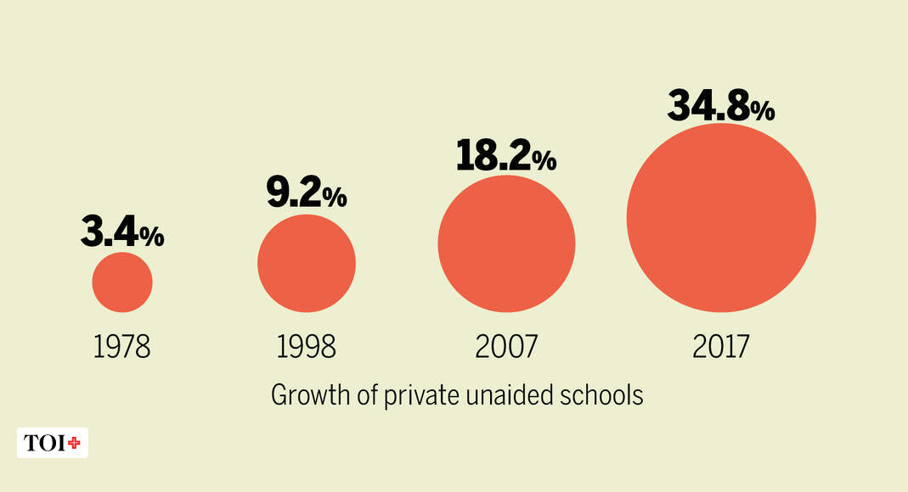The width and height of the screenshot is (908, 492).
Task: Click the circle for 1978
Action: pyautogui.click(x=122, y=282)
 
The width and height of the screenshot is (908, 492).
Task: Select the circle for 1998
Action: pyautogui.click(x=307, y=263)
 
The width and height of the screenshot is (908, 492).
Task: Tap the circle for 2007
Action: pyautogui.click(x=506, y=243)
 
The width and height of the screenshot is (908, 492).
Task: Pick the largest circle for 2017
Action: pyautogui.click(x=721, y=217)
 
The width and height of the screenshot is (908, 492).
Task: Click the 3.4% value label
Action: pyautogui.click(x=122, y=232)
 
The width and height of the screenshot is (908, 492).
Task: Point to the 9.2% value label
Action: pyautogui.click(x=306, y=193)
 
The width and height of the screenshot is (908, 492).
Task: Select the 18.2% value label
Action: pyautogui.click(x=505, y=155)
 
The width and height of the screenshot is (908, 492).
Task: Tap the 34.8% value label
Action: pyautogui.click(x=720, y=105)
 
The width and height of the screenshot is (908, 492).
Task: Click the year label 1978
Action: pyautogui.click(x=122, y=346)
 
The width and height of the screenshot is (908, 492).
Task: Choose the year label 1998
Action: pyautogui.click(x=307, y=346)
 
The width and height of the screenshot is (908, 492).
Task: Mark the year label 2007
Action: pyautogui.click(x=506, y=346)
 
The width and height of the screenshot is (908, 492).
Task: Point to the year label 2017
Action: pyautogui.click(x=721, y=346)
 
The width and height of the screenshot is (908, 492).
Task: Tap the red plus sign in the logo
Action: pyautogui.click(x=75, y=443)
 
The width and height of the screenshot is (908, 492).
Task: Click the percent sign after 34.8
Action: pyautogui.click(x=762, y=111)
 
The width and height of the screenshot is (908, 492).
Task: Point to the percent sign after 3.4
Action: pyautogui.click(x=152, y=238)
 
